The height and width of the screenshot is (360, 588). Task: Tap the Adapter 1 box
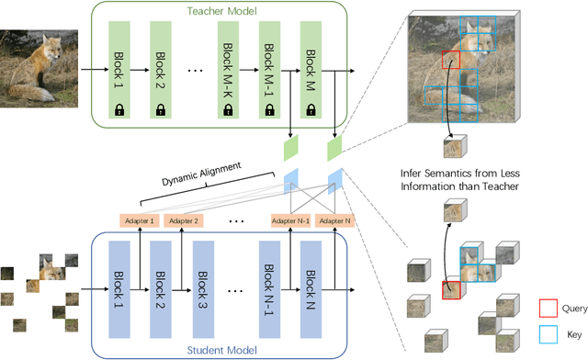click(x=141, y=220)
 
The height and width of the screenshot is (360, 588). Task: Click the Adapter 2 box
click(x=184, y=220)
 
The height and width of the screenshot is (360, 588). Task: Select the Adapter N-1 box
click(x=288, y=220)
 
